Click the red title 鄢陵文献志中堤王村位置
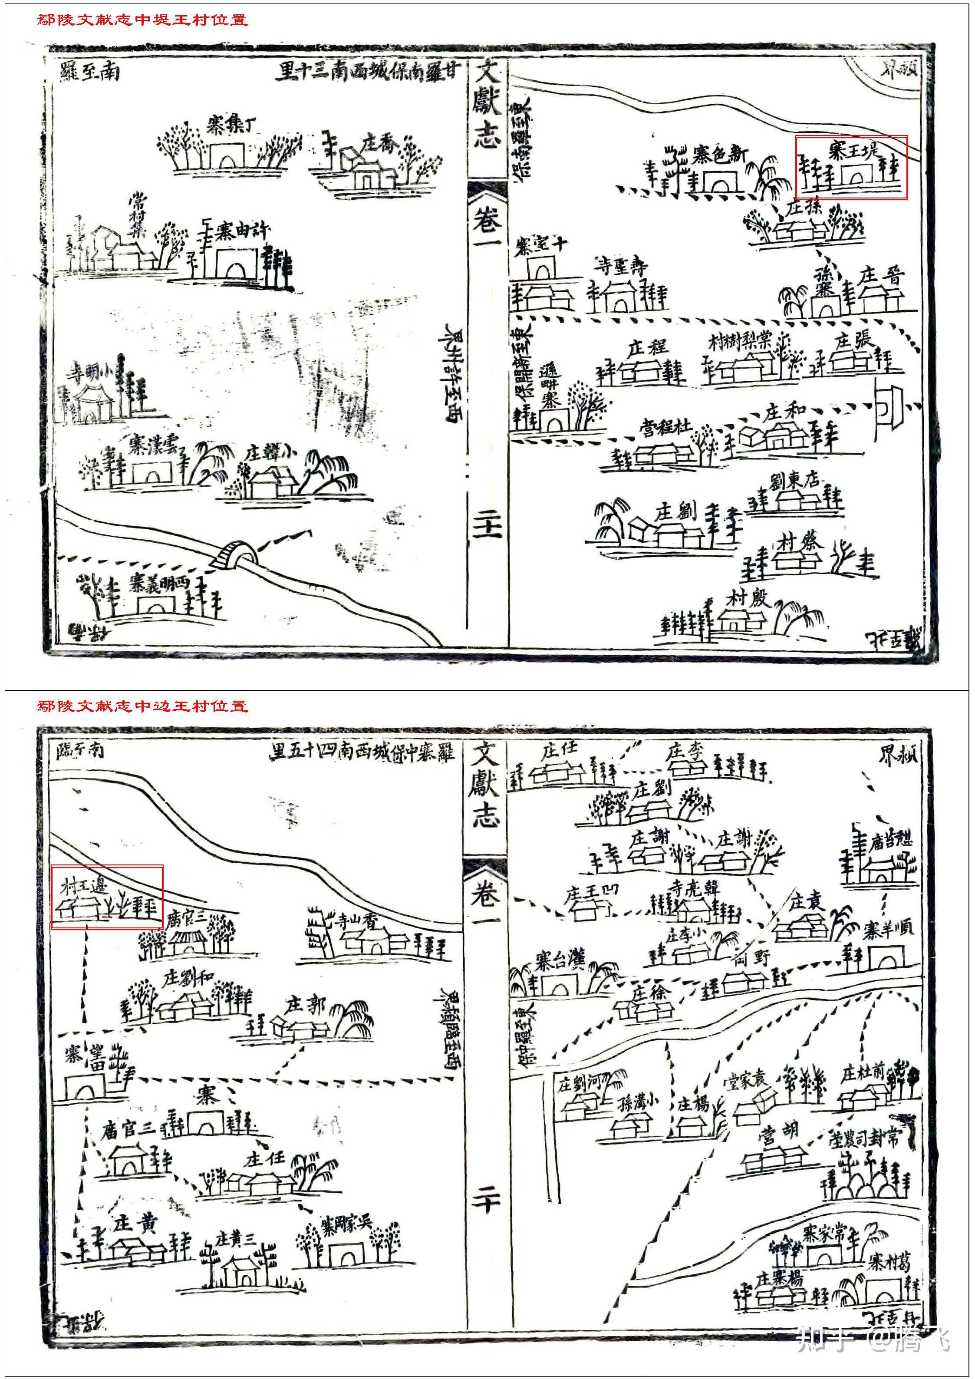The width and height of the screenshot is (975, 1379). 142,20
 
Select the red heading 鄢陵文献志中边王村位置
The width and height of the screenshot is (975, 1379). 142,706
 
